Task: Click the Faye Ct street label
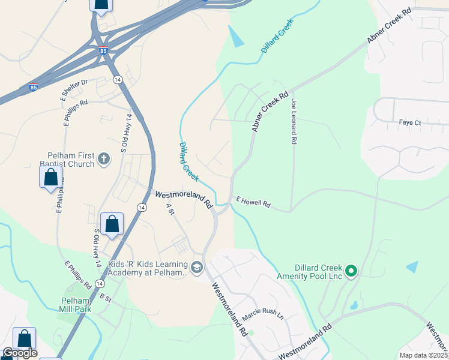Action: click(x=410, y=123)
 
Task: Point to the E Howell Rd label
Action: click(x=253, y=202)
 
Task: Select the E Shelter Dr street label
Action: click(x=74, y=89)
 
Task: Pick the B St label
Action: click(x=106, y=297)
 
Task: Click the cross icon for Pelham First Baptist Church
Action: click(x=104, y=160)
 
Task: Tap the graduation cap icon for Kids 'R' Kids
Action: click(x=197, y=266)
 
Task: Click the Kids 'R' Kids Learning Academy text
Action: click(x=148, y=268)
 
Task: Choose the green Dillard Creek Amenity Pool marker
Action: click(x=351, y=271)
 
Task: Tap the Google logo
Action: click(x=19, y=353)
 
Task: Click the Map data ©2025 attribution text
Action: click(x=423, y=355)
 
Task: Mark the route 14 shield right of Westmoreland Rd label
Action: click(x=142, y=207)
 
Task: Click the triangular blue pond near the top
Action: click(x=237, y=38)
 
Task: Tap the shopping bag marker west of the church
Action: click(x=50, y=177)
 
